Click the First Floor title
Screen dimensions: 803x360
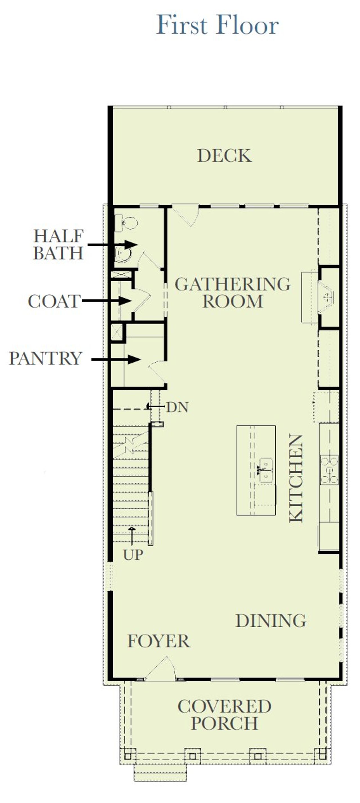[217, 25]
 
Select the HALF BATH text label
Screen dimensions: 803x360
[58, 244]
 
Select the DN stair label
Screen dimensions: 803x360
[177, 407]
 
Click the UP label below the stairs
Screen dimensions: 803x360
[133, 555]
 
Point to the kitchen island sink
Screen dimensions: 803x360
[266, 469]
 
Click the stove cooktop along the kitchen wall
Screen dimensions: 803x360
[329, 469]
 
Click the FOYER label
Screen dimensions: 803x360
[158, 641]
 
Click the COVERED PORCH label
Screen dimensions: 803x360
[224, 714]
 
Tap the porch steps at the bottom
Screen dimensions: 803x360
[160, 772]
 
